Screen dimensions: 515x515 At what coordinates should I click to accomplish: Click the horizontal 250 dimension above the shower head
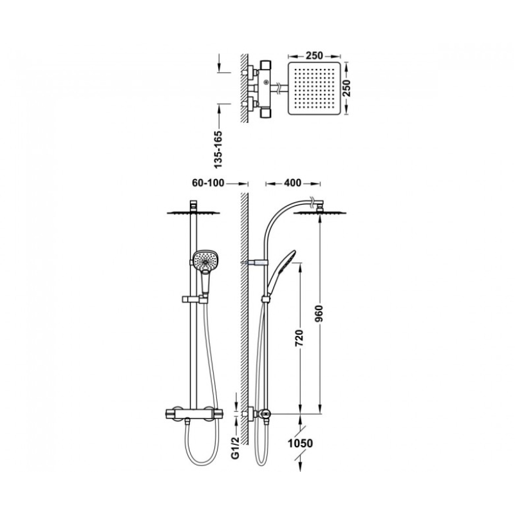[x=314, y=55]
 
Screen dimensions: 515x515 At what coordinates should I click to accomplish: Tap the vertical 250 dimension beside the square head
[x=347, y=88]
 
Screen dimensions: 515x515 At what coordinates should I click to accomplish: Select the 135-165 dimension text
[x=218, y=149]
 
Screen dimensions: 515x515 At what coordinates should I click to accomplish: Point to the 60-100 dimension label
[x=208, y=183]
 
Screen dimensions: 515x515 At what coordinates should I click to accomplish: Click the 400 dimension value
[x=292, y=183]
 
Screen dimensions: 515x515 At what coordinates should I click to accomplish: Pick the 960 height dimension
[x=319, y=314]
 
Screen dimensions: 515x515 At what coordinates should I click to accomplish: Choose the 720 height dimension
[x=299, y=338]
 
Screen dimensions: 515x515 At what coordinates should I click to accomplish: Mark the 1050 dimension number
[x=300, y=444]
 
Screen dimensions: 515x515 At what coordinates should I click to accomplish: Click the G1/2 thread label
[x=234, y=447]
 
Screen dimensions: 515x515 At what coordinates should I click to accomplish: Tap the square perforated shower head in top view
[x=314, y=88]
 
